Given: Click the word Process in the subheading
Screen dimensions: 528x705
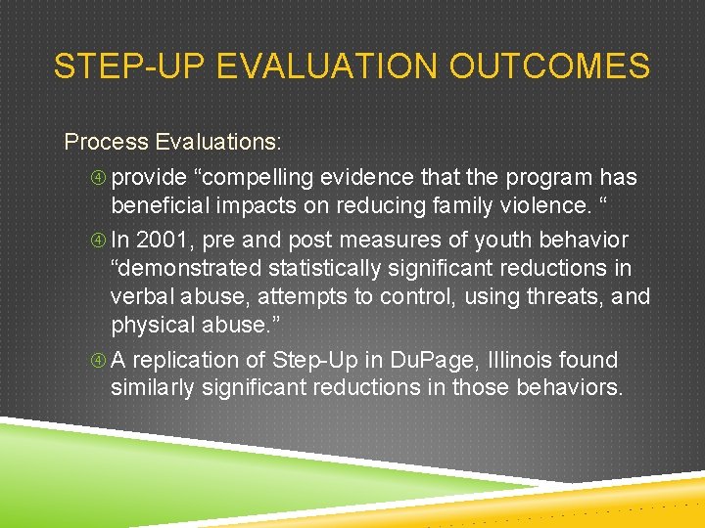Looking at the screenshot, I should click(x=106, y=142).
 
